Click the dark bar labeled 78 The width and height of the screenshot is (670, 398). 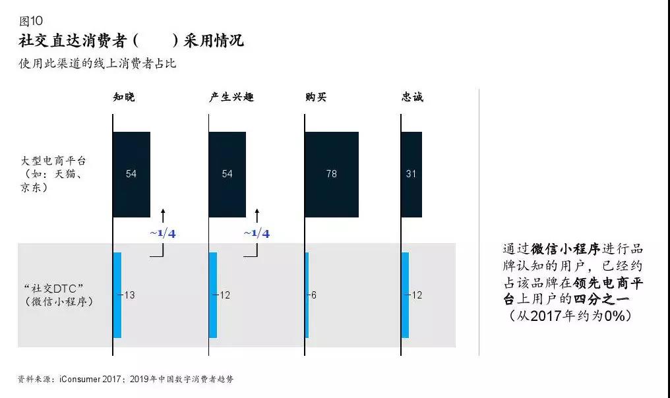click(332, 174)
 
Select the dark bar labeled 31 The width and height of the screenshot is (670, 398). click(411, 174)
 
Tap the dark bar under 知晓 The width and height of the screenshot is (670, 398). click(132, 174)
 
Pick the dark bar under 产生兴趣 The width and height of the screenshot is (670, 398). click(228, 174)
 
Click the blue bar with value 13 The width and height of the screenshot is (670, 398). click(117, 295)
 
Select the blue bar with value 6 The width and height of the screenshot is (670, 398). click(307, 295)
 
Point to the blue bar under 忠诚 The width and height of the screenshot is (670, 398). click(405, 295)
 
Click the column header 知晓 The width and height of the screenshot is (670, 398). click(124, 97)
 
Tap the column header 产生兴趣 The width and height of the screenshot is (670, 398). click(231, 97)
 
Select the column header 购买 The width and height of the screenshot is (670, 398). click(316, 97)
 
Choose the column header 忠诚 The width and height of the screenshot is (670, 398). click(412, 97)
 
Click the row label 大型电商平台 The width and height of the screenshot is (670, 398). click(53, 161)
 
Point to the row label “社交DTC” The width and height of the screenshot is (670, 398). click(53, 288)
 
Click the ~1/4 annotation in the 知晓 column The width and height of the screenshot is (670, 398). click(163, 233)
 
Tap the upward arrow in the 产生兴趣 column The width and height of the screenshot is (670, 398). click(257, 215)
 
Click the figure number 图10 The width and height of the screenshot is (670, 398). click(31, 20)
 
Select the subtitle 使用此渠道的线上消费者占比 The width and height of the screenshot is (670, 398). click(98, 64)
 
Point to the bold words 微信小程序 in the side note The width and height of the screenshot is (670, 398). click(565, 248)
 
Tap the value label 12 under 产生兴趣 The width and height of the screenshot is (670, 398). click(225, 295)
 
